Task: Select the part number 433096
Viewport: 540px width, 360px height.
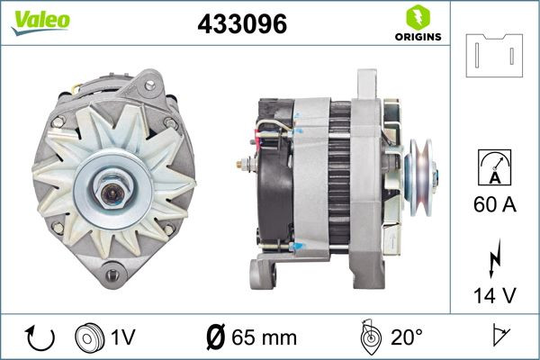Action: pyautogui.click(x=242, y=25)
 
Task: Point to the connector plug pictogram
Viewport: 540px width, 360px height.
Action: pyautogui.click(x=494, y=55)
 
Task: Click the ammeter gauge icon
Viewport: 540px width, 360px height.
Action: pyautogui.click(x=494, y=168)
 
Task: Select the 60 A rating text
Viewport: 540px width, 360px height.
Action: pyautogui.click(x=494, y=205)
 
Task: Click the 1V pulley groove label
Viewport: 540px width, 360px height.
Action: pyautogui.click(x=123, y=338)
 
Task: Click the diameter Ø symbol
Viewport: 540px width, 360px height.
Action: pyautogui.click(x=215, y=338)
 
